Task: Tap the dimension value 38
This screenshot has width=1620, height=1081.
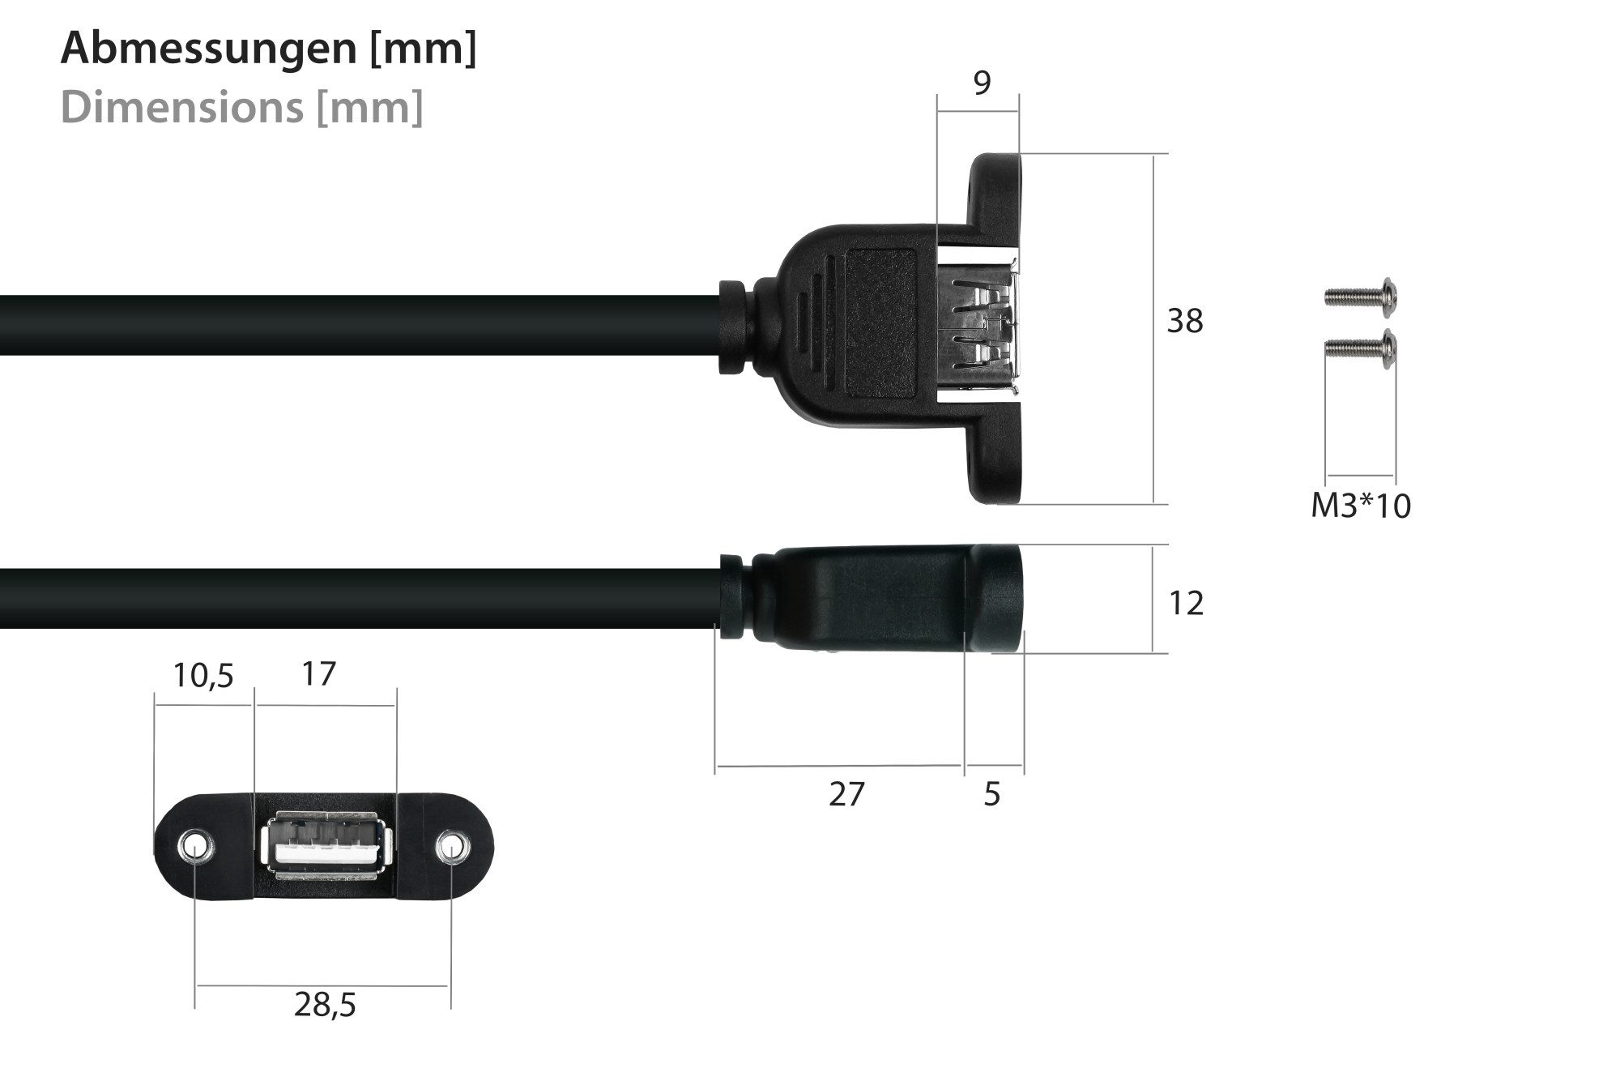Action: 1184,322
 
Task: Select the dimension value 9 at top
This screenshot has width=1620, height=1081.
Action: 982,83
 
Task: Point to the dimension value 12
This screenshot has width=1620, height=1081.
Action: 1186,604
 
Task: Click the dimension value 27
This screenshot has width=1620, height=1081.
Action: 847,795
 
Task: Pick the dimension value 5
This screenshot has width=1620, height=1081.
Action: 992,795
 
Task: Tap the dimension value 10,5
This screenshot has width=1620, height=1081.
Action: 203,675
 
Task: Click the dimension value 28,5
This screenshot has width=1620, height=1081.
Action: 325,1006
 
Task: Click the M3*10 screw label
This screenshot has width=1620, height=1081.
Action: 1361,506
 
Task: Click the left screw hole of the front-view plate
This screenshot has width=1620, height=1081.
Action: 194,847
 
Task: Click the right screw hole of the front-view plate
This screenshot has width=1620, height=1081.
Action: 451,848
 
